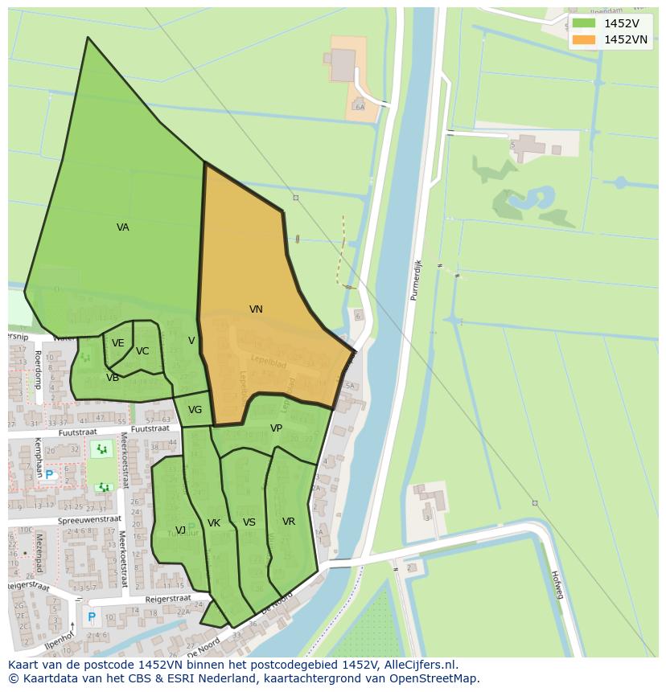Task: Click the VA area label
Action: coord(122,227)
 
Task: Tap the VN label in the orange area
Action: coord(256,309)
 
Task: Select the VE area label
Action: coord(118,343)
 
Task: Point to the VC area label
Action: coord(142,351)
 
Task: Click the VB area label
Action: coord(113,377)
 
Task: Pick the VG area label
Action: coord(195,410)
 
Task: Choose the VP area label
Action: coord(276,428)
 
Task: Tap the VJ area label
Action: coord(181,530)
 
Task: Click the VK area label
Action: coord(213,523)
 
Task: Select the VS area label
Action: coord(249,522)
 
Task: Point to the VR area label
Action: coord(289,522)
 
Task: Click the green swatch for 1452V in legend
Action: coord(584,23)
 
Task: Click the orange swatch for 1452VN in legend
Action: coord(584,39)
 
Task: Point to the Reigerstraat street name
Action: coord(167,599)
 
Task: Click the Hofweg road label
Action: coord(556,585)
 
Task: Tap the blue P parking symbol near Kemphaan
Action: coord(49,475)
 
